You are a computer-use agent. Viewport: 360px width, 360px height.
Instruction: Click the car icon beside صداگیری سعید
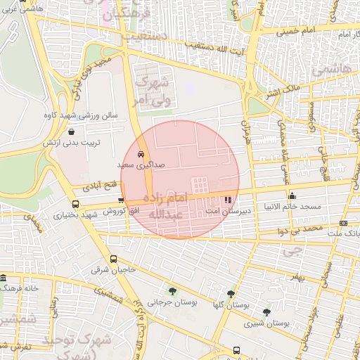[x=141, y=153]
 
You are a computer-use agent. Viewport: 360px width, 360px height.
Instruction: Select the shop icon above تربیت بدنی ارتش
[x=72, y=131]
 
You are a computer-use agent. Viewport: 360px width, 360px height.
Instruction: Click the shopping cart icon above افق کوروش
[x=121, y=201]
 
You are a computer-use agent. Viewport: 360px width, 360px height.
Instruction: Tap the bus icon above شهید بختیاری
[x=75, y=204]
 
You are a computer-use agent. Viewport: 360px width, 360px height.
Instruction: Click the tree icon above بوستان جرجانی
[x=172, y=291]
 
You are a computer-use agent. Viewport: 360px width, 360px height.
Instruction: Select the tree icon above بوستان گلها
[x=231, y=294]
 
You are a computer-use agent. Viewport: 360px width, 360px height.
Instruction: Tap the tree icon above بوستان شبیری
[x=266, y=312]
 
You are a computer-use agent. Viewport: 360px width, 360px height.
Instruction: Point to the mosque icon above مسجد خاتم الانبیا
[x=292, y=195]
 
